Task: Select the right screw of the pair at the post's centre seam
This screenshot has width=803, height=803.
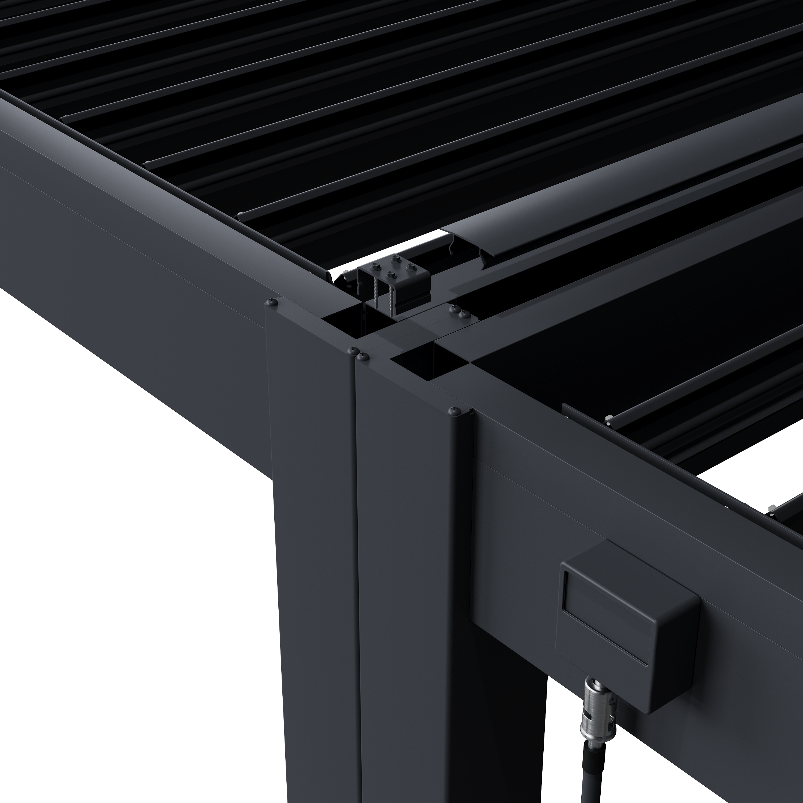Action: (364, 356)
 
